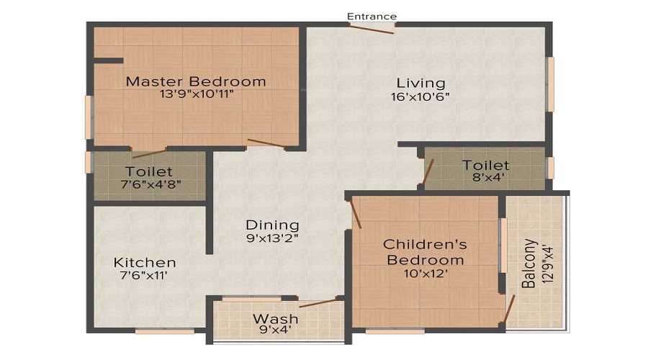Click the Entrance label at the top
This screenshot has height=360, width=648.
[x=372, y=16]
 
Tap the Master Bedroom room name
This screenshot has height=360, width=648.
[x=196, y=81]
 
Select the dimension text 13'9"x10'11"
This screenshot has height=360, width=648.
[x=196, y=94]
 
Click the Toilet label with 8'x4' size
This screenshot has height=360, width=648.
[x=485, y=166]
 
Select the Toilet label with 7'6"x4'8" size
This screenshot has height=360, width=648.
[x=149, y=171]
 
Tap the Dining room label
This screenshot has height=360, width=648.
[x=272, y=225]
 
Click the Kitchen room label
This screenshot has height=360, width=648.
[x=145, y=262]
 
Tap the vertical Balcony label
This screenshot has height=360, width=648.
[x=529, y=264]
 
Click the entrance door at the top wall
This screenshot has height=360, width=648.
[x=372, y=28]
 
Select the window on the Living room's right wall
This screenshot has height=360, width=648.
[x=550, y=84]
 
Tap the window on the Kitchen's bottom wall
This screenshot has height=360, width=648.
[x=165, y=331]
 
